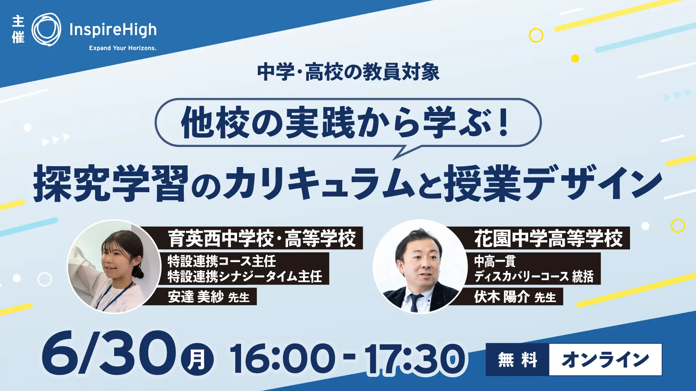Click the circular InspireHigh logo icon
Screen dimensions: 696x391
click(46, 30)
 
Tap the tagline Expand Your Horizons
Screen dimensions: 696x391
click(123, 48)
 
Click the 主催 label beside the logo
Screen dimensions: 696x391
click(18, 29)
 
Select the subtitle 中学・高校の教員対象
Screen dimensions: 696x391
click(348, 72)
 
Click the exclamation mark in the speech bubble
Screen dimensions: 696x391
click(503, 122)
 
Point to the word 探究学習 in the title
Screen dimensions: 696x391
click(111, 183)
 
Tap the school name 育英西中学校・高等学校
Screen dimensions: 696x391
click(262, 238)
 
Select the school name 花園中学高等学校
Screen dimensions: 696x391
click(548, 238)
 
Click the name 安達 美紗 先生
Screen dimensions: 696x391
click(209, 297)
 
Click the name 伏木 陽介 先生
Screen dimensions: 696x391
click(515, 297)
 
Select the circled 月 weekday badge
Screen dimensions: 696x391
click(197, 360)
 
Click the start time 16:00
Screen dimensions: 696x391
click(282, 358)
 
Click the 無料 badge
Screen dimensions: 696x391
click(518, 360)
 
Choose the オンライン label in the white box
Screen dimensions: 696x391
click(605, 360)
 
